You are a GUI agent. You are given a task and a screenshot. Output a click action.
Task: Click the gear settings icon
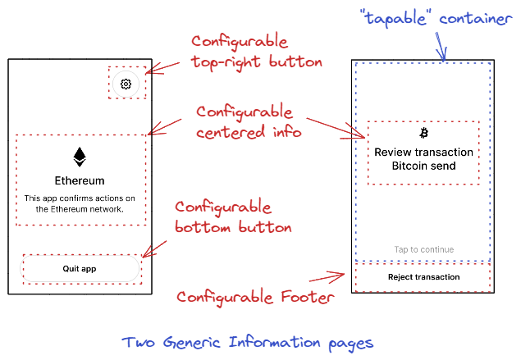[126, 84]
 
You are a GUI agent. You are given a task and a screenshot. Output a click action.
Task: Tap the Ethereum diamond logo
[80, 157]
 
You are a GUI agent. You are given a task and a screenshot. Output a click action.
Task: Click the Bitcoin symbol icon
[423, 133]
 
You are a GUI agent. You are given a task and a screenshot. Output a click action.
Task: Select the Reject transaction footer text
[423, 277]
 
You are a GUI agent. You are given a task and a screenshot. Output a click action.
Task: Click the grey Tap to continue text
[423, 249]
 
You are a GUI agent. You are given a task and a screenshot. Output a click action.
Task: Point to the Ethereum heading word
[80, 180]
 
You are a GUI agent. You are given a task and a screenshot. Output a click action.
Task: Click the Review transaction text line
[423, 152]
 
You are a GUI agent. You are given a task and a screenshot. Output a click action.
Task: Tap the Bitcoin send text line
[423, 166]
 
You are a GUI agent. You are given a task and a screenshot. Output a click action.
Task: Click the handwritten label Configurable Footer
[255, 297]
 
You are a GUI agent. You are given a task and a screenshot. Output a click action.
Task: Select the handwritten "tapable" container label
[436, 18]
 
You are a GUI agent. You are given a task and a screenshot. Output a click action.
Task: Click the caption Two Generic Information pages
[248, 343]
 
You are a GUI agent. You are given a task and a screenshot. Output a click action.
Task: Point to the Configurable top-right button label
[257, 52]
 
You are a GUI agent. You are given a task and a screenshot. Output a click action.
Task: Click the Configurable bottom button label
[233, 217]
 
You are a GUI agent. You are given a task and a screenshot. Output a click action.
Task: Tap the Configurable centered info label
[249, 122]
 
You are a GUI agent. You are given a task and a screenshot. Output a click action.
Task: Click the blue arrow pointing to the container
[441, 47]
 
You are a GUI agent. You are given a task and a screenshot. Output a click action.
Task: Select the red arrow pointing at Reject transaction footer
[327, 277]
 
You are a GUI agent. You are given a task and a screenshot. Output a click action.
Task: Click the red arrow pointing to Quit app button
[154, 249]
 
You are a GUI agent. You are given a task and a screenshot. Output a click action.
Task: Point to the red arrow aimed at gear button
[162, 68]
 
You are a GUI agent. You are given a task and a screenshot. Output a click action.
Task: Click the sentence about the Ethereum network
[80, 203]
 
